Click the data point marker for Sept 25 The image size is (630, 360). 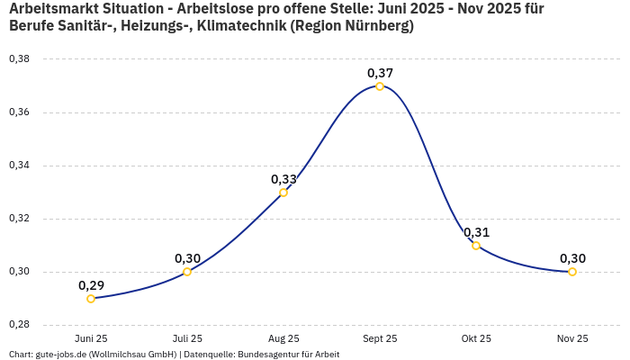click(x=380, y=86)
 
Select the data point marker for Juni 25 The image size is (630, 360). click(x=91, y=299)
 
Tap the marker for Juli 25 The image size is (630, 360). click(x=187, y=272)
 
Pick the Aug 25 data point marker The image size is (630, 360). click(x=283, y=193)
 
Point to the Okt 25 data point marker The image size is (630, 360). click(x=476, y=246)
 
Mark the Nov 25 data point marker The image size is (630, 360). click(x=572, y=272)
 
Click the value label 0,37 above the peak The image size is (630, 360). click(x=380, y=73)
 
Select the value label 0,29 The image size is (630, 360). click(x=91, y=285)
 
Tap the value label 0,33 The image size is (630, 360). click(x=283, y=179)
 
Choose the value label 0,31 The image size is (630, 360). click(x=476, y=232)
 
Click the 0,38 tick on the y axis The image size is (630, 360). click(x=19, y=59)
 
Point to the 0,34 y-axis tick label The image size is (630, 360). click(x=19, y=166)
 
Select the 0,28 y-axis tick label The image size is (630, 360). click(x=19, y=325)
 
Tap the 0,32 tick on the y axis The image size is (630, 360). click(x=19, y=219)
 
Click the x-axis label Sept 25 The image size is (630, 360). click(x=380, y=338)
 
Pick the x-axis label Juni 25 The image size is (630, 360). click(x=91, y=338)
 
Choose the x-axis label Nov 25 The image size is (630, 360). click(x=572, y=338)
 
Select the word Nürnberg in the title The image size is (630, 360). click(x=375, y=26)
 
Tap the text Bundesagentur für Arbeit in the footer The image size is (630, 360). click(x=288, y=355)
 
